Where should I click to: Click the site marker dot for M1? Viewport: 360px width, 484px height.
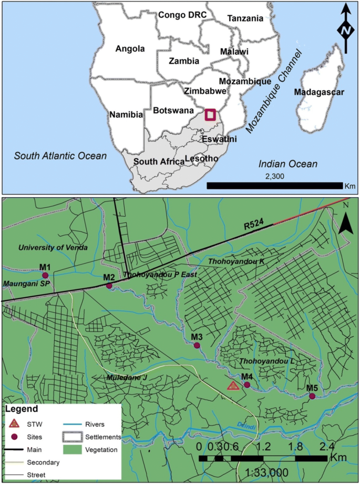45,275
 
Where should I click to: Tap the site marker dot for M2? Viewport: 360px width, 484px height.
109,286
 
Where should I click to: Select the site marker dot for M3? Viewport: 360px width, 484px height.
197,346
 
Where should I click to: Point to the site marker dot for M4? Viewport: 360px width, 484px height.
247,385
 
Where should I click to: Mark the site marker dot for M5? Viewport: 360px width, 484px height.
312,396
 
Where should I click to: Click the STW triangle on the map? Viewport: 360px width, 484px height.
233,386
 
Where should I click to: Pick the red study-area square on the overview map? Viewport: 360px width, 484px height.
210,115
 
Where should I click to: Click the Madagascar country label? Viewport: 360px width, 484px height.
318,93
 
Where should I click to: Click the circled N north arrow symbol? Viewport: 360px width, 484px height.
345,31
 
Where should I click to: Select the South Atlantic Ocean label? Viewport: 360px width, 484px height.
60,156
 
